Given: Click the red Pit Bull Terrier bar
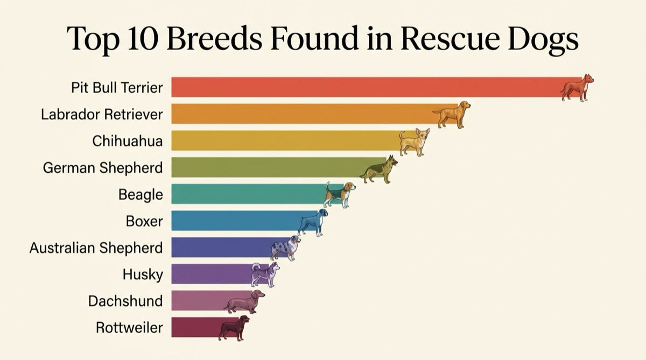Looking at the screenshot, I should (366, 87).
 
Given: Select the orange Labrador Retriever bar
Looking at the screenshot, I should (301, 114).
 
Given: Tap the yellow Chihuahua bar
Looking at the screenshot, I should (285, 140).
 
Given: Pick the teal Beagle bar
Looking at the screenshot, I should (248, 194).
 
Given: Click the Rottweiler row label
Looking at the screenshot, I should (129, 327).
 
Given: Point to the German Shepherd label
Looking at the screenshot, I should (103, 167).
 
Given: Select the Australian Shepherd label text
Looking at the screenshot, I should (96, 248).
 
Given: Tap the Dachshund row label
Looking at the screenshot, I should (125, 300).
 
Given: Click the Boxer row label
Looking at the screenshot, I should (144, 221).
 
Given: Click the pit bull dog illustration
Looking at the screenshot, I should (577, 88).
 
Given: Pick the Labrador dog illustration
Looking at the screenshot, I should (452, 114).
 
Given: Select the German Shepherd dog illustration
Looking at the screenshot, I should (380, 169).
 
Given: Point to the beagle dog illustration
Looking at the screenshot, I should (339, 194).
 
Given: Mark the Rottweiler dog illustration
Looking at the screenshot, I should (234, 327).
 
